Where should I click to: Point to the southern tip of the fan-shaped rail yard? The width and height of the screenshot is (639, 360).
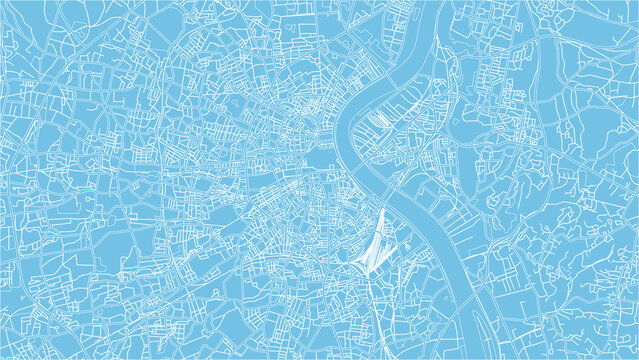pyautogui.click(x=368, y=277)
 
